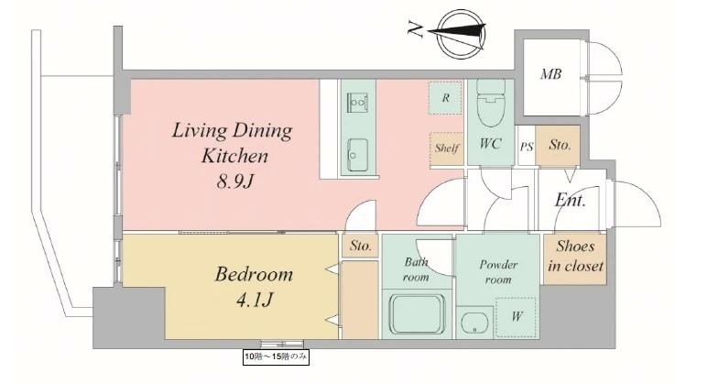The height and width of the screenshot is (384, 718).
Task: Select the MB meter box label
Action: point(551,73)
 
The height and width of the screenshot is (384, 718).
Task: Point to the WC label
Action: point(490,143)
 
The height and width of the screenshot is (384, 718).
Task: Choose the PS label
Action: point(527,147)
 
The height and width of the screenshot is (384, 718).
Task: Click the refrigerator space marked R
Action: point(445,97)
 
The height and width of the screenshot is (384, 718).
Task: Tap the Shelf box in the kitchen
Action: point(447,148)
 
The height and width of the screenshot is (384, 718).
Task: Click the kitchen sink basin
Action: point(357,155)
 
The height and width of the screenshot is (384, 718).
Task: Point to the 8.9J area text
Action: point(234,181)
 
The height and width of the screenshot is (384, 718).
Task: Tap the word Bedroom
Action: point(254,275)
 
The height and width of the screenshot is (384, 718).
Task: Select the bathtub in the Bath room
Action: point(418,315)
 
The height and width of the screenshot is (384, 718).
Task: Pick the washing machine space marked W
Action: point(517,317)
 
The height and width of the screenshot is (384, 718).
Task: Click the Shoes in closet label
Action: point(575,256)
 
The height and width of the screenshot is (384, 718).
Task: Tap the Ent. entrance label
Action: point(570,200)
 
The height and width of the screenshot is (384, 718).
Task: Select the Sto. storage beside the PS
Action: point(560,145)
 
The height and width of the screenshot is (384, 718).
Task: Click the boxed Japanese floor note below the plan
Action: point(276,357)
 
